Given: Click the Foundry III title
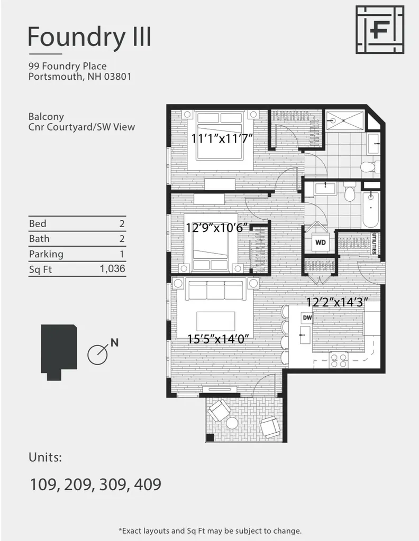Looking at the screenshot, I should pyautogui.click(x=89, y=37).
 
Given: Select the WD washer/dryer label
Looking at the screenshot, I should pyautogui.click(x=320, y=242).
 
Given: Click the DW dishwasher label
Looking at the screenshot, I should pyautogui.click(x=306, y=318).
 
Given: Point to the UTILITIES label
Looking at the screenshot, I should pyautogui.click(x=375, y=244).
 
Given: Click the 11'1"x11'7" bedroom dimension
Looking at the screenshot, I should pyautogui.click(x=222, y=139).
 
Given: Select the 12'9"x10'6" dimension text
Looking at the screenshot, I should pyautogui.click(x=217, y=228).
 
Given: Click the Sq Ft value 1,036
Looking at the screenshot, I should pyautogui.click(x=112, y=269).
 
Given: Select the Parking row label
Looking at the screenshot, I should pyautogui.click(x=46, y=254).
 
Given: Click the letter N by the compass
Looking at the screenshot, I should pyautogui.click(x=114, y=342).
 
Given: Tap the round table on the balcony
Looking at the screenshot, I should pyautogui.click(x=232, y=423).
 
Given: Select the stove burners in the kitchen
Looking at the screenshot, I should pyautogui.click(x=338, y=360).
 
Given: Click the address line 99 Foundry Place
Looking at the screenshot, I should pyautogui.click(x=67, y=66).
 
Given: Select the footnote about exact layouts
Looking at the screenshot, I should pyautogui.click(x=210, y=530).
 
